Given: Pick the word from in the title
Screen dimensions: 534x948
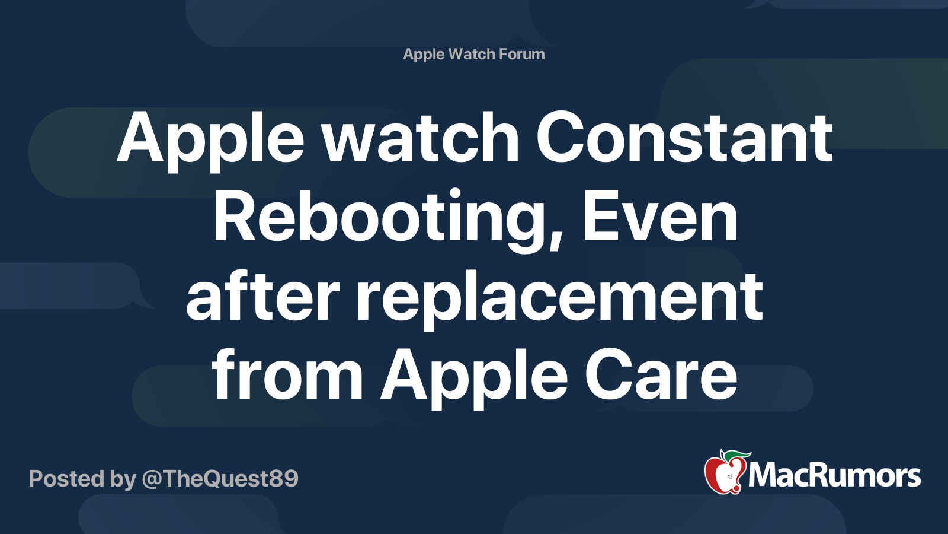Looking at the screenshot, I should (287, 375).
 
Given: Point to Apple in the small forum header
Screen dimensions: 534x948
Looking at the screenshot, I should (424, 55).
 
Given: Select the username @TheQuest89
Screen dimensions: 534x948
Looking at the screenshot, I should (220, 479).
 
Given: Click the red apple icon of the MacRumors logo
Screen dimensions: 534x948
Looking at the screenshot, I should (723, 475).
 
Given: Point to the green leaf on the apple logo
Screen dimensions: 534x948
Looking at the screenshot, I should (735, 455).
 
